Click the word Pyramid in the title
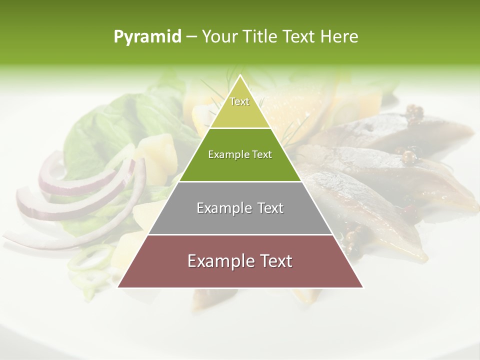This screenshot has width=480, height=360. point(147,37)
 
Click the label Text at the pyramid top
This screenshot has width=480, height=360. point(239,101)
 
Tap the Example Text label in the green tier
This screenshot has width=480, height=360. point(240,154)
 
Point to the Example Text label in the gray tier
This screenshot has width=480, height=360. point(240,208)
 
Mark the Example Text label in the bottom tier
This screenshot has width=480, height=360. point(240,261)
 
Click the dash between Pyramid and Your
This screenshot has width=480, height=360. point(191,37)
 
